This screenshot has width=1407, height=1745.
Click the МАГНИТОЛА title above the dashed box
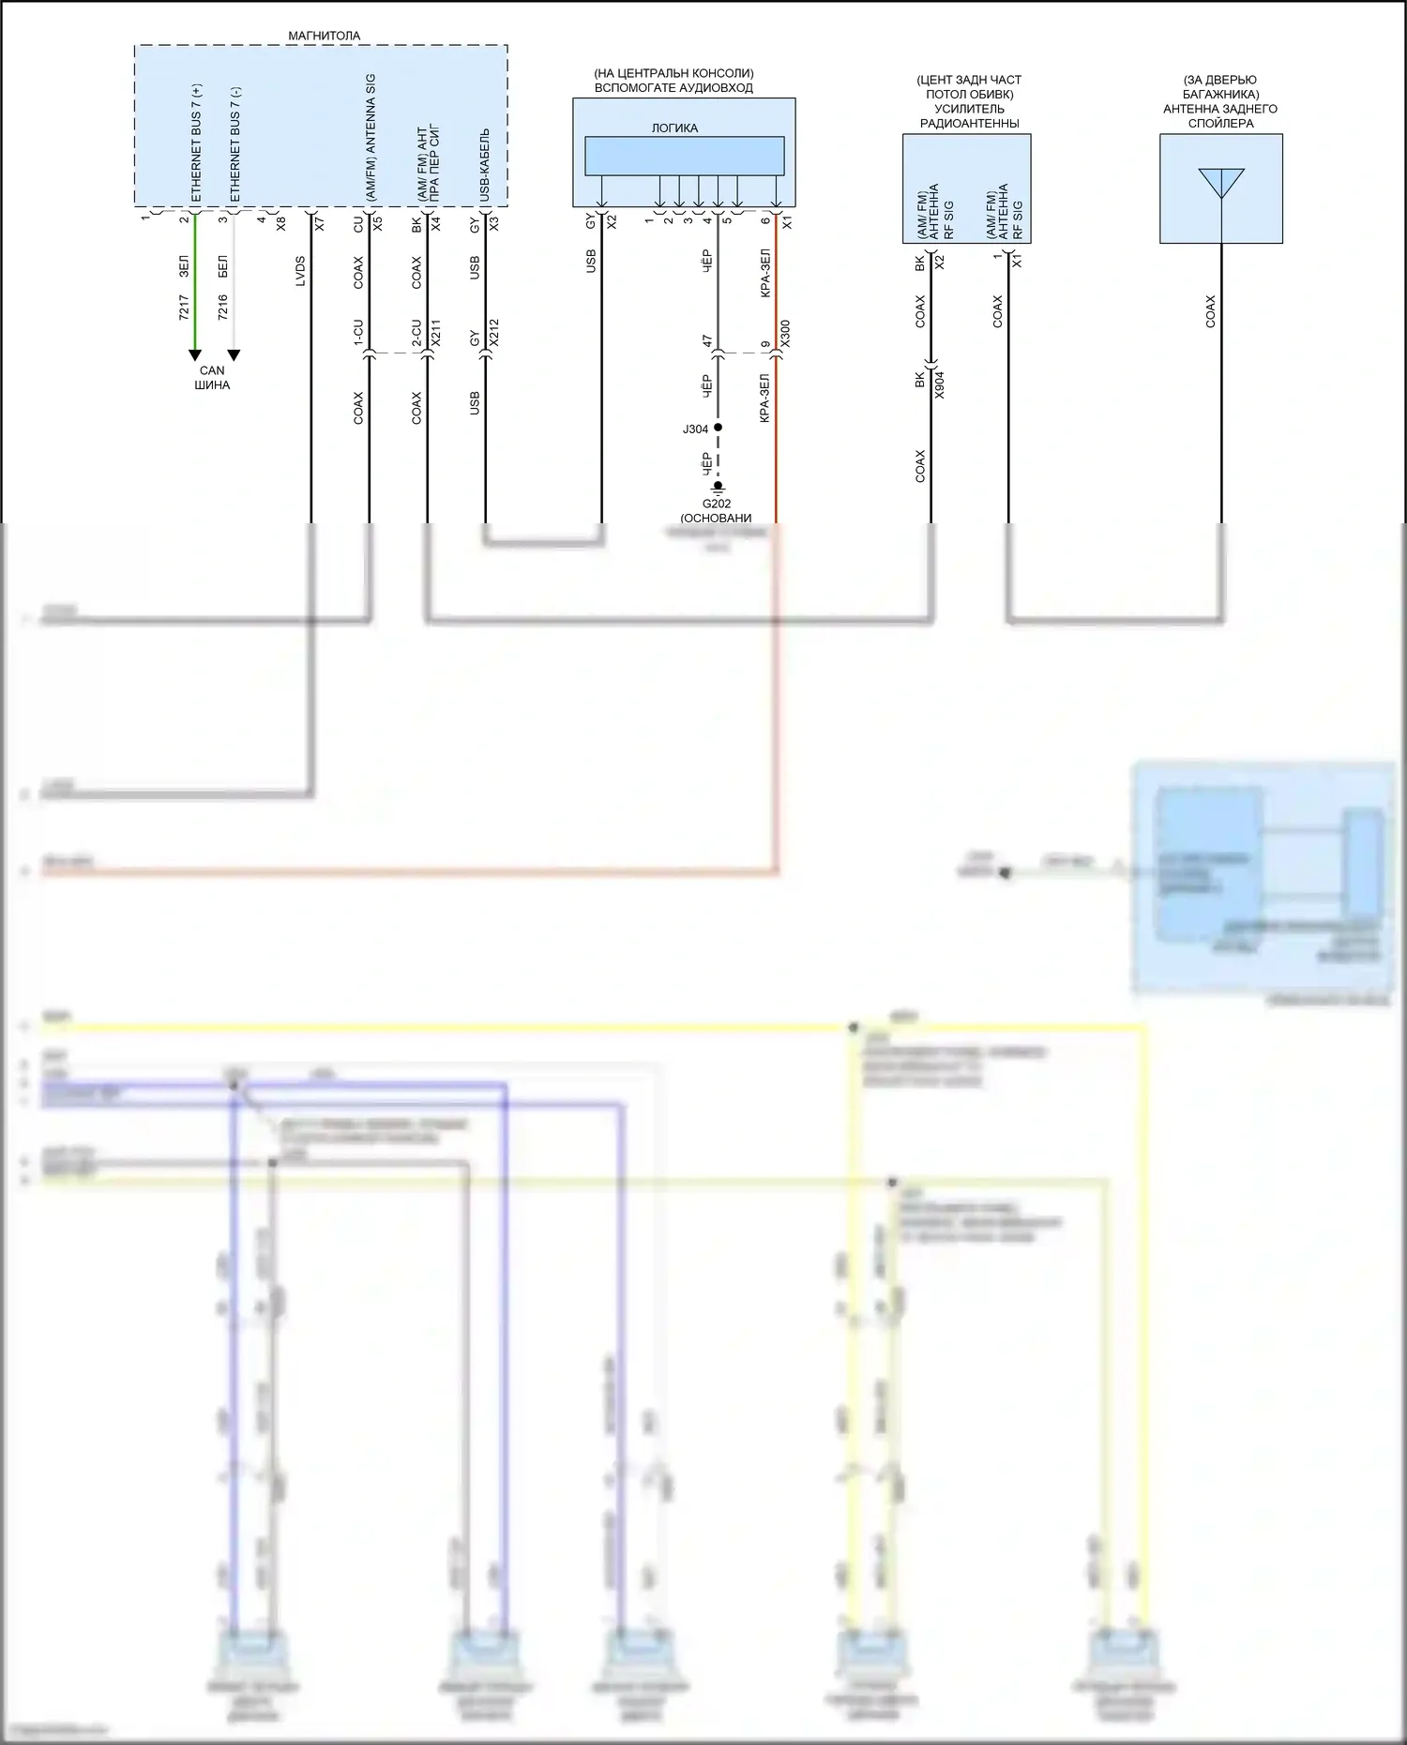[324, 36]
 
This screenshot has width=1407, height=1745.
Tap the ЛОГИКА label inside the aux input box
[674, 128]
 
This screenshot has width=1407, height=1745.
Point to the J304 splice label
[695, 429]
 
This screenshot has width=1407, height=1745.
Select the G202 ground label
[717, 504]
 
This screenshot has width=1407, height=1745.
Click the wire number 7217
[184, 307]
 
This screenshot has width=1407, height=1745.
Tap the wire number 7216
[222, 307]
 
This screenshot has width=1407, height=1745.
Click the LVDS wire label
[300, 271]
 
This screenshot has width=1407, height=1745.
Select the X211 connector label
[436, 334]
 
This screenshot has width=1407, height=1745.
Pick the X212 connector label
[494, 334]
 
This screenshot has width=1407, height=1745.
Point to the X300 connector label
[786, 334]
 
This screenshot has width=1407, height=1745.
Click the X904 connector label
[940, 384]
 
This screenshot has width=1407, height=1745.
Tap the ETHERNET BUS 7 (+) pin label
[196, 145]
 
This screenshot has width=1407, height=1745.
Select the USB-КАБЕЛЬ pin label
[485, 164]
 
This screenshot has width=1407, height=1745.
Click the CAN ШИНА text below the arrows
[212, 377]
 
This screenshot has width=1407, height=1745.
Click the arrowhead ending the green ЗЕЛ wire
[195, 354]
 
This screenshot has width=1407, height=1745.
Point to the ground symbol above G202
[718, 488]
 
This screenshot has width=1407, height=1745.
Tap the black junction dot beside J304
[719, 428]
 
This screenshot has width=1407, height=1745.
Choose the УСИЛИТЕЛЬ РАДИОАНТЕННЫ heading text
[969, 115]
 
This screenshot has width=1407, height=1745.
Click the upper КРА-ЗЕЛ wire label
[765, 273]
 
